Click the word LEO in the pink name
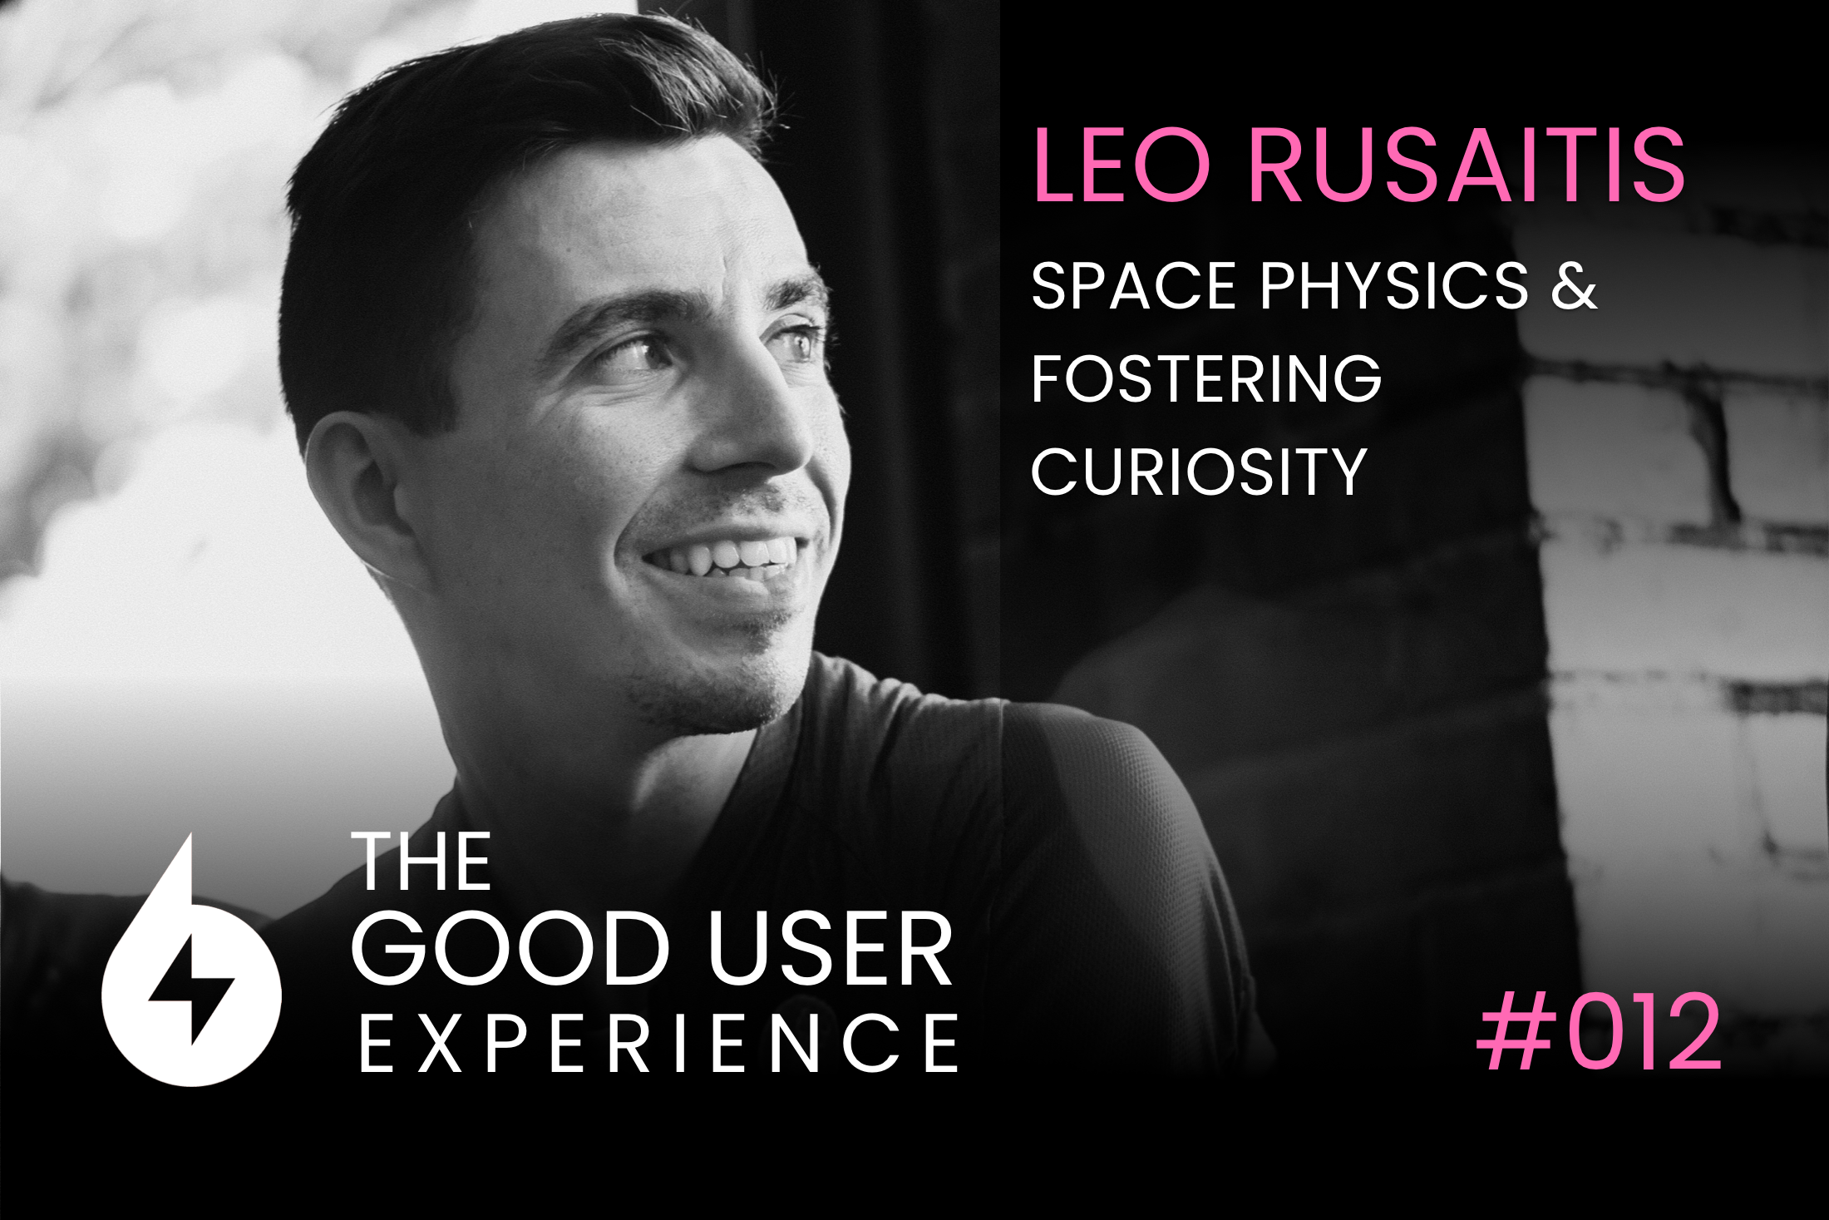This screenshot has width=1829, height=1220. [1122, 165]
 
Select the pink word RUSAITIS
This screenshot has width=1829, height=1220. [1467, 165]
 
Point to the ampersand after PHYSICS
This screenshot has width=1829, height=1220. [1574, 286]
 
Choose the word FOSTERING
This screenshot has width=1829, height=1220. [1206, 378]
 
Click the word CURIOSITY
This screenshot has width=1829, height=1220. [1199, 472]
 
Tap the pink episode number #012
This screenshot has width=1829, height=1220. [1598, 1032]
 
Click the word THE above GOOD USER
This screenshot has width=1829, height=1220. [422, 862]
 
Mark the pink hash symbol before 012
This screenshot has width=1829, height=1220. [1517, 1032]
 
